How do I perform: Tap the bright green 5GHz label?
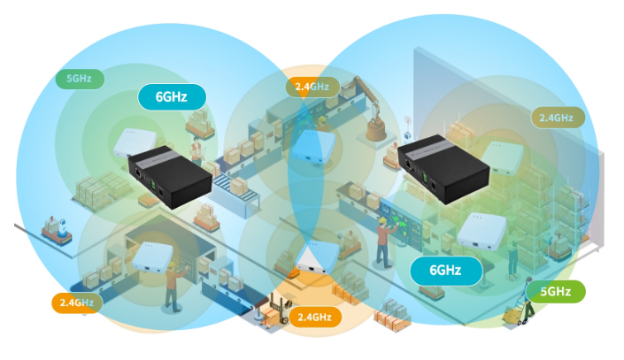[x=556, y=291]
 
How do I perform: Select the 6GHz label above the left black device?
[x=172, y=96]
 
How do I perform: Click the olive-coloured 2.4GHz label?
[x=557, y=116]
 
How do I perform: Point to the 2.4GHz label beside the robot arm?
[x=312, y=86]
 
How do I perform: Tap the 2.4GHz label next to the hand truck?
[x=314, y=316]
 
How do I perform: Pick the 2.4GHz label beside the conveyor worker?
[x=77, y=303]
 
